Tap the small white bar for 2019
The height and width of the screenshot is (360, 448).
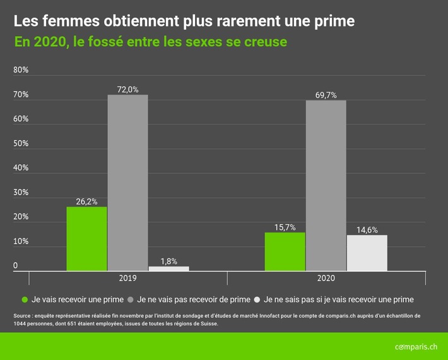pyautogui.click(x=168, y=268)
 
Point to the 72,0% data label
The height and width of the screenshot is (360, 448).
pyautogui.click(x=127, y=90)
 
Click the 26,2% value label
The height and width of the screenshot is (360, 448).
pyautogui.click(x=86, y=201)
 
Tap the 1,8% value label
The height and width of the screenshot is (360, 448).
pyautogui.click(x=168, y=261)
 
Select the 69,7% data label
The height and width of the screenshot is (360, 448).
pyautogui.click(x=326, y=95)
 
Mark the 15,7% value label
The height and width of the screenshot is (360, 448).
pyautogui.click(x=285, y=227)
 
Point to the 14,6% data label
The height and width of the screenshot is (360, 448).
pyautogui.click(x=367, y=230)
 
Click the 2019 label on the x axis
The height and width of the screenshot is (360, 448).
pyautogui.click(x=127, y=278)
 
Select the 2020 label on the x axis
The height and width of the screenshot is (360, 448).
pyautogui.click(x=326, y=278)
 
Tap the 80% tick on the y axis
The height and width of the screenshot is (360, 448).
pyautogui.click(x=21, y=69)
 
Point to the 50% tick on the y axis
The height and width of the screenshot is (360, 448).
pyautogui.click(x=21, y=143)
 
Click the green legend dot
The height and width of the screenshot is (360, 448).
pyautogui.click(x=25, y=299)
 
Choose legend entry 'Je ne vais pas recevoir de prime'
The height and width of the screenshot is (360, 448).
pyautogui.click(x=193, y=299)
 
